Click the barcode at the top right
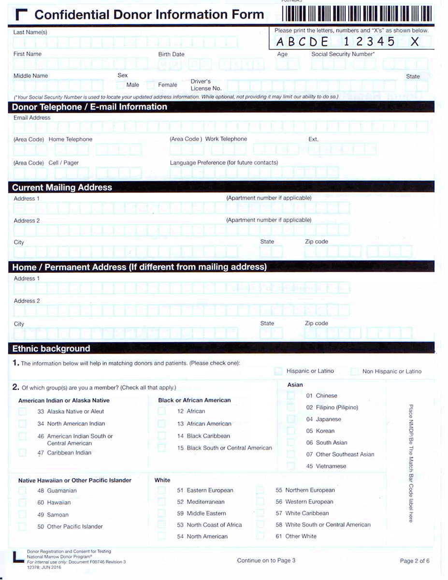[358, 13]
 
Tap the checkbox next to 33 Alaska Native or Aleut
[22, 412]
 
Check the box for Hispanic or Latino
[278, 371]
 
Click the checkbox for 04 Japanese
[291, 419]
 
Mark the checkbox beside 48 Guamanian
[22, 491]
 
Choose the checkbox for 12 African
[161, 411]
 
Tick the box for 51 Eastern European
[161, 490]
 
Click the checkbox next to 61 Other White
[260, 536]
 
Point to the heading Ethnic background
[51, 348]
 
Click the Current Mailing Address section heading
[62, 188]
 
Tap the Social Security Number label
[343, 54]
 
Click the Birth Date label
[171, 54]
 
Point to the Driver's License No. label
[205, 85]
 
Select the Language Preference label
[224, 163]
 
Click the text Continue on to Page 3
[266, 560]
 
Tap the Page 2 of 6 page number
[415, 561]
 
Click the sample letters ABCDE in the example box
[302, 42]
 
